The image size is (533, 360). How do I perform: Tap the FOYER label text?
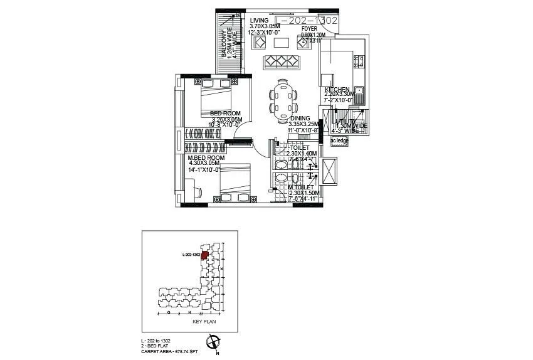309,28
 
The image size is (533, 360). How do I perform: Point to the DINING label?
300,118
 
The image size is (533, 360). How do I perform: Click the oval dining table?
283,99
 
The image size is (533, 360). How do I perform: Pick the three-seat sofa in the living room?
282,62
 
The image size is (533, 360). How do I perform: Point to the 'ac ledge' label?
339,140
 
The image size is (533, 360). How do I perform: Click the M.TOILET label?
302,186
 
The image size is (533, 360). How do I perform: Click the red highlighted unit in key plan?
204,255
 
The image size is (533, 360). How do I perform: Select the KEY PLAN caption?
191,321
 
